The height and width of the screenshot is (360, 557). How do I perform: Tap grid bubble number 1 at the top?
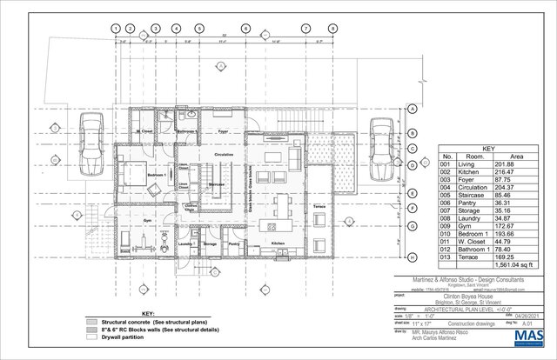tap(116, 29)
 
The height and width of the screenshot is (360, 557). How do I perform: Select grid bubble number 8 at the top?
tap(332, 29)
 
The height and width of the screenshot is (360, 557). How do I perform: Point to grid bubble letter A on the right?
tap(410, 110)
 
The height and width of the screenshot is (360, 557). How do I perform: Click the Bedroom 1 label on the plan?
tap(158, 176)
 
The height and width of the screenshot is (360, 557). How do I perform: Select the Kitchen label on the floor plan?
tap(278, 243)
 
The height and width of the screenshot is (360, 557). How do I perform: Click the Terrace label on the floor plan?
tap(319, 204)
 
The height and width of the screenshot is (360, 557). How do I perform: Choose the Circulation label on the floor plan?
tap(224, 154)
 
